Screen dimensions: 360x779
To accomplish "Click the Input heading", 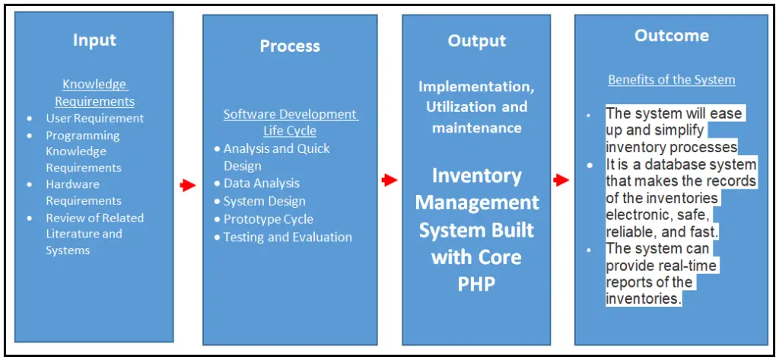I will click(94, 40).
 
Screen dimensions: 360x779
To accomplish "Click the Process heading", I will click(290, 46).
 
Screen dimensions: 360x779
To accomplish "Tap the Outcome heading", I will click(671, 36).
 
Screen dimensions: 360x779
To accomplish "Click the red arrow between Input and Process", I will click(186, 184).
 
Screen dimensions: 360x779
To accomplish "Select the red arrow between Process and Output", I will click(389, 180).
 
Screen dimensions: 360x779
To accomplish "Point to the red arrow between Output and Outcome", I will click(561, 180).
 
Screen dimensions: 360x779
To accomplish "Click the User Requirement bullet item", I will click(94, 119).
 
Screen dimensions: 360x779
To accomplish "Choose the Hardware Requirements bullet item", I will click(83, 193).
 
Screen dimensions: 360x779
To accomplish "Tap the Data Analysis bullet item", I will click(261, 183).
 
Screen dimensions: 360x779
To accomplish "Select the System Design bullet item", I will click(264, 202).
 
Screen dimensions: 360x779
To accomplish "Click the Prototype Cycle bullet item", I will click(268, 219).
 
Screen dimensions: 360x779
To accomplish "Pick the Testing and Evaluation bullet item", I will click(287, 237).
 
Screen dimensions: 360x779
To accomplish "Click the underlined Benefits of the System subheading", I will click(671, 80).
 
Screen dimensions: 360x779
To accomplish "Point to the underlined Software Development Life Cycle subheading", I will click(290, 122).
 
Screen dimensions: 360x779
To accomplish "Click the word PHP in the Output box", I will click(476, 284).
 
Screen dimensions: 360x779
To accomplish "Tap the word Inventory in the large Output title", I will click(476, 176).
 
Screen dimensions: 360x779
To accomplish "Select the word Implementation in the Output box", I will click(474, 87).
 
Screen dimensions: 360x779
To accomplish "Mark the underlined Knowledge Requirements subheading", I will click(94, 93).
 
